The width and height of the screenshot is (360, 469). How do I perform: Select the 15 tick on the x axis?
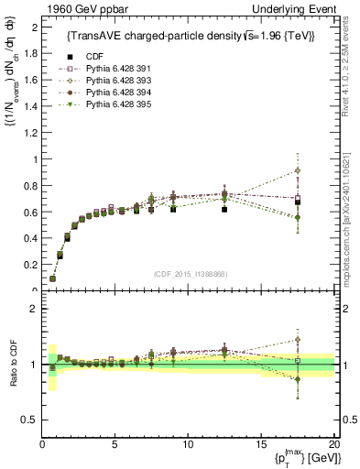click(x=261, y=444)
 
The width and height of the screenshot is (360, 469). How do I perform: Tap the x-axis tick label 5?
click(x=115, y=444)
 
